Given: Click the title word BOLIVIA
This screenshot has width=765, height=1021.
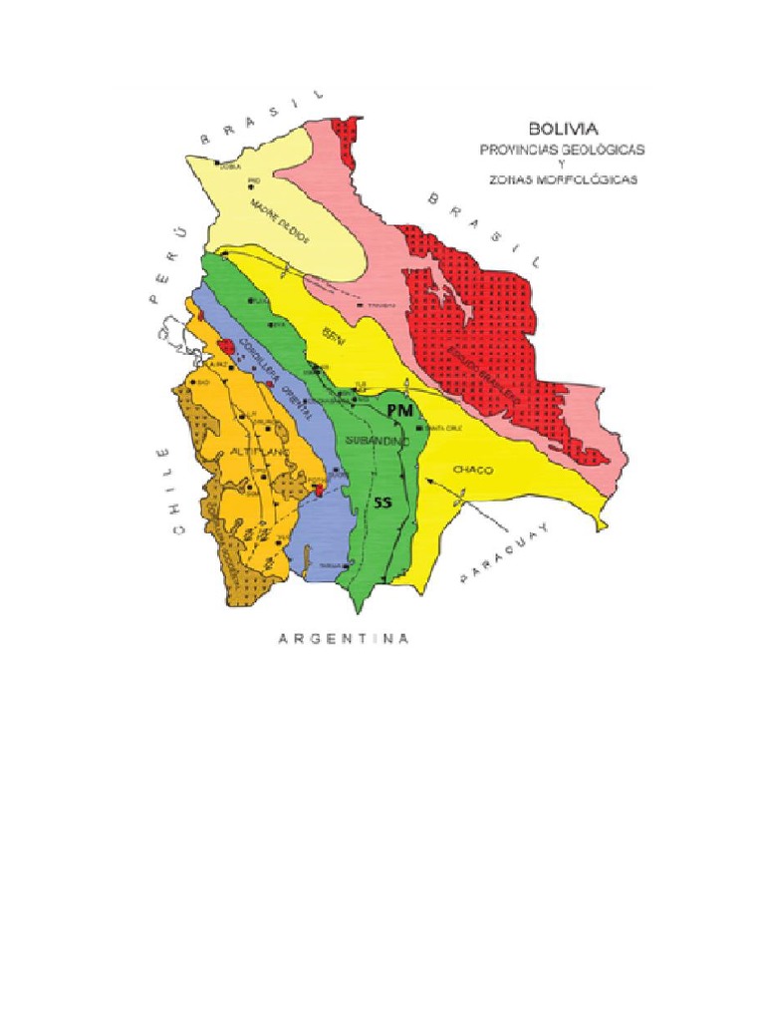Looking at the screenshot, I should coord(563,129).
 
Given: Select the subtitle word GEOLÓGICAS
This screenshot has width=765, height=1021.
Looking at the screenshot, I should coord(604,149).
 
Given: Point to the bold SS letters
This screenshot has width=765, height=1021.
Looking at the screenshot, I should coord(382,504).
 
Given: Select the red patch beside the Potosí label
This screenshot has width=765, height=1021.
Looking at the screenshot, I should coord(318,488).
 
